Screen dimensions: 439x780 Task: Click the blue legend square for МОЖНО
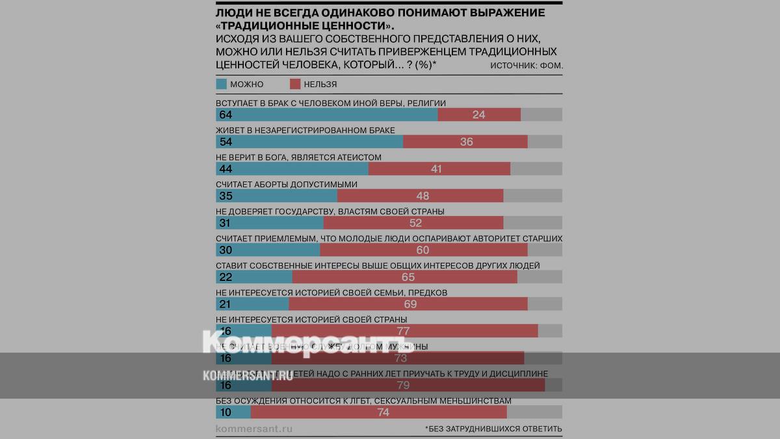(221, 84)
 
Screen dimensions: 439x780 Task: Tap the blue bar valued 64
(326, 114)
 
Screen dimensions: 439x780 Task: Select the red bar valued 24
(479, 114)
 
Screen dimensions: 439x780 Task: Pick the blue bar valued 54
(309, 142)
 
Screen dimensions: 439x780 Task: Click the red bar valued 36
(465, 142)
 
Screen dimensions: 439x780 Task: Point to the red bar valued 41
(439, 169)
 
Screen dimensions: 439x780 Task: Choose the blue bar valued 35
(276, 196)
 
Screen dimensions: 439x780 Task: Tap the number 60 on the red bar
(423, 250)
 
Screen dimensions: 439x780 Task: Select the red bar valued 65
(405, 277)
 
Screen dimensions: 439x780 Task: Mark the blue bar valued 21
(252, 304)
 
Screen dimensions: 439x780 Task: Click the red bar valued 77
(405, 330)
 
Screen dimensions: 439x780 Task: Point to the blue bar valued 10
(233, 412)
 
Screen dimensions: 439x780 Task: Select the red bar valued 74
(378, 412)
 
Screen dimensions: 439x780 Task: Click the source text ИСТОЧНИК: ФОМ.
(526, 66)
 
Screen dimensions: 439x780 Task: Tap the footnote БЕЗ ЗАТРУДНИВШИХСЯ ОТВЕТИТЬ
(494, 429)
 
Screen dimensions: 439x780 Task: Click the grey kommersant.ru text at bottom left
(254, 429)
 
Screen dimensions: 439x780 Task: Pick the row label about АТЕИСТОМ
(298, 157)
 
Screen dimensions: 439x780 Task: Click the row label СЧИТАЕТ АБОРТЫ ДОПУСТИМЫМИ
(287, 184)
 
